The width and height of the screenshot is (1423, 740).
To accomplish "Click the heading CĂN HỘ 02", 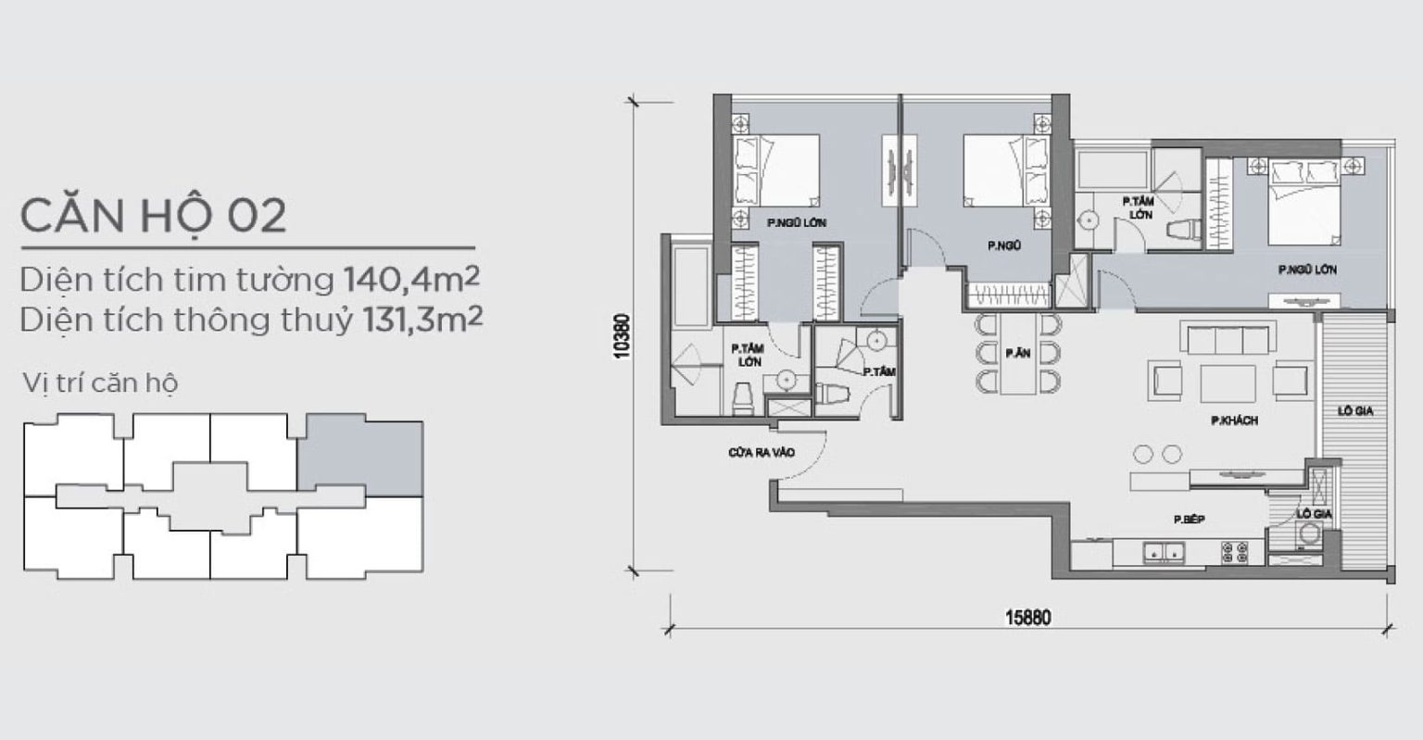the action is (154, 216).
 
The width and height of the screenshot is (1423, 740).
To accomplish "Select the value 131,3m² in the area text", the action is (422, 319).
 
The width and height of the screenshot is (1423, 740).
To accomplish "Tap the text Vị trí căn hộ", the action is (100, 383).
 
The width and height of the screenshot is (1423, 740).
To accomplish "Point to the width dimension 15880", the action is (1027, 618).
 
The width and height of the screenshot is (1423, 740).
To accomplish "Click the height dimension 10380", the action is (622, 336).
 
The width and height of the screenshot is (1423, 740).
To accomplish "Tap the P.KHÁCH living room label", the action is (1234, 420).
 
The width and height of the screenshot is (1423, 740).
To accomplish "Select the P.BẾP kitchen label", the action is (1190, 520).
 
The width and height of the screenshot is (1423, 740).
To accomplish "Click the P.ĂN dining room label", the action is (1018, 353).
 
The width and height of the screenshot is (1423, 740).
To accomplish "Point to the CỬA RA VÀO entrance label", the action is (761, 453).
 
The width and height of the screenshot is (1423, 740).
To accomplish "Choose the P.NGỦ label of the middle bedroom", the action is (1004, 245).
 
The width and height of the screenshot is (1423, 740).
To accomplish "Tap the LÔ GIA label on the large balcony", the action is (1355, 411).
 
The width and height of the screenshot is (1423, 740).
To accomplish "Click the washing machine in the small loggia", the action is (1309, 533).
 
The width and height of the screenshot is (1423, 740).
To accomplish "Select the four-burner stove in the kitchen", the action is (1234, 552).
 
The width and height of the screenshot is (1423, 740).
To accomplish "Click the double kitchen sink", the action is (1164, 552).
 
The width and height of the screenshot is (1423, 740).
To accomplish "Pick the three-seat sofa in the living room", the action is (1228, 337).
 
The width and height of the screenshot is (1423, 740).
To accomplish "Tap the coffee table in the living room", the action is (1228, 383).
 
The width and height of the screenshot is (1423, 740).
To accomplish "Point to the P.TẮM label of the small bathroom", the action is (879, 372).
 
